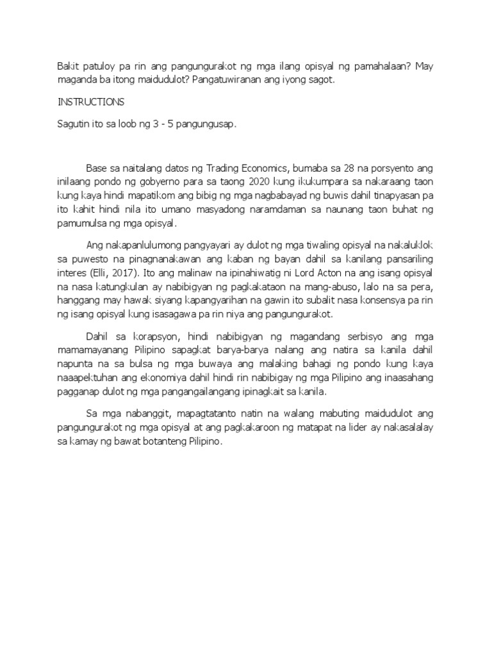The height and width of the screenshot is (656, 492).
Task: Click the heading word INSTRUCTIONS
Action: [91, 102]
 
